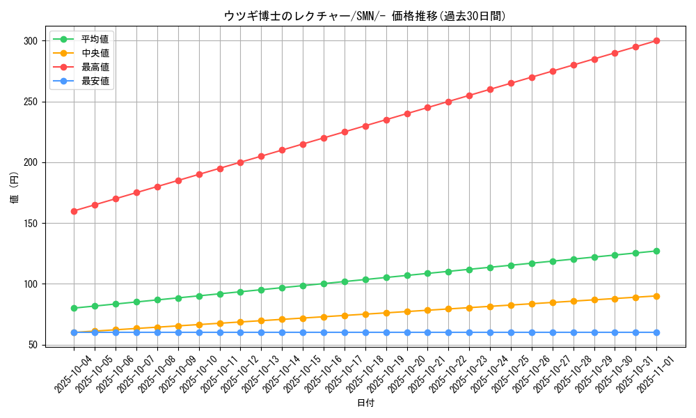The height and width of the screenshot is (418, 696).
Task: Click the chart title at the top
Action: pos(365,16)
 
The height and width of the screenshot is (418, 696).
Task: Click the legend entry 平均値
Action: pos(95,39)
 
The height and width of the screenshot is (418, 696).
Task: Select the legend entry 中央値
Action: pos(95,53)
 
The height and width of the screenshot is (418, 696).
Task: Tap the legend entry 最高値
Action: pos(95,67)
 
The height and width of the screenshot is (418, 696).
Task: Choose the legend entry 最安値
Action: pos(95,81)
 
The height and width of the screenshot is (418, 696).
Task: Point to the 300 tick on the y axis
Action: pos(30,41)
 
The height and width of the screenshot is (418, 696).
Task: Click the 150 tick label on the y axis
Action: pos(30,224)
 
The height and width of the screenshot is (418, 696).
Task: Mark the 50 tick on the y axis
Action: pos(33,345)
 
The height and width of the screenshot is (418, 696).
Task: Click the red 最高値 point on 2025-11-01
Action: pos(656,41)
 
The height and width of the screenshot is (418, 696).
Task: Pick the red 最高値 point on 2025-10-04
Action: pos(74,211)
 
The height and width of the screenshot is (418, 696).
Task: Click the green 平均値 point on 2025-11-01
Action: pos(656,251)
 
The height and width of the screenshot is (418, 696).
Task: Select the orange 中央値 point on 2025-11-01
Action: pos(656,296)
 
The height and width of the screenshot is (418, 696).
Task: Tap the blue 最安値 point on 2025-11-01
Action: pos(656,332)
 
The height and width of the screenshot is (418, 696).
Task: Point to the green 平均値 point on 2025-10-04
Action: pos(74,308)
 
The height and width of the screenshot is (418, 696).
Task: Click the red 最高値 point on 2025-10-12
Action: pos(240,162)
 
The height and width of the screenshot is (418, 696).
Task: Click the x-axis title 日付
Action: pos(365,403)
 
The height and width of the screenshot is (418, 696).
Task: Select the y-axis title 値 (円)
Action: pos(15,187)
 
